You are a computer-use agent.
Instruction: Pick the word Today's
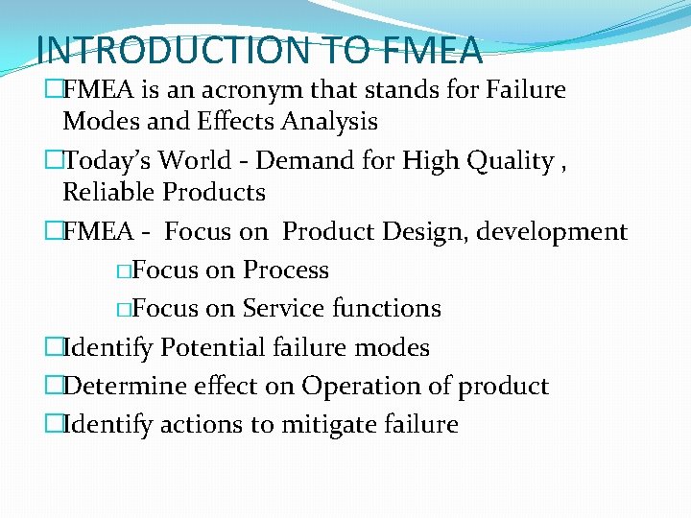108,161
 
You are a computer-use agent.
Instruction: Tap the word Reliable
108,192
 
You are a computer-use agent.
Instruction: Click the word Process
285,271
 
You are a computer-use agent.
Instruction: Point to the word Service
283,308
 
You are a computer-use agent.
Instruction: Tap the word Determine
117,386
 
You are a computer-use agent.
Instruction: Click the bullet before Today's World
54,161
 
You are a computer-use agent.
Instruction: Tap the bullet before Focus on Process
124,271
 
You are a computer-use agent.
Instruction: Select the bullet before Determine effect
54,386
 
